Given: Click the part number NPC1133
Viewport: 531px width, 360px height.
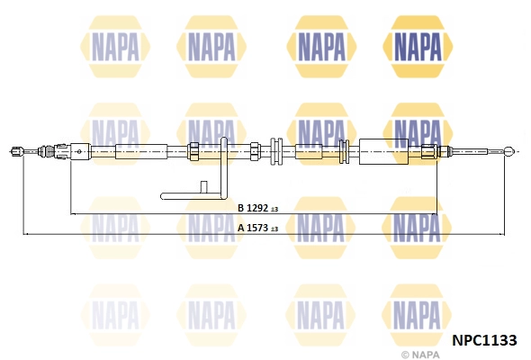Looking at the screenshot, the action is pyautogui.click(x=484, y=340).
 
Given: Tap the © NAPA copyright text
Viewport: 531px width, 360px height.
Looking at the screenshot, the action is pyautogui.click(x=420, y=355).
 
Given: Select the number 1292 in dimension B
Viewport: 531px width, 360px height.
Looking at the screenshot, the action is pyautogui.click(x=257, y=208).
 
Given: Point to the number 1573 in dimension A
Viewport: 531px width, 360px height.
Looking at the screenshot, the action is pyautogui.click(x=257, y=228).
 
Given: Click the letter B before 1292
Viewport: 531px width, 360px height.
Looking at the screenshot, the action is pyautogui.click(x=241, y=208).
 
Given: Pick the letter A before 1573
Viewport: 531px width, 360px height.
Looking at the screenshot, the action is pyautogui.click(x=241, y=228).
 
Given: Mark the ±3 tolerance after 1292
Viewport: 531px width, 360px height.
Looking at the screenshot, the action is pyautogui.click(x=274, y=210).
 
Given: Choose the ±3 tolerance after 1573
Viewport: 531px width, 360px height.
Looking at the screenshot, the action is pyautogui.click(x=274, y=229).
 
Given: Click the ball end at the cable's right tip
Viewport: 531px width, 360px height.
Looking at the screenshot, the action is pyautogui.click(x=509, y=151).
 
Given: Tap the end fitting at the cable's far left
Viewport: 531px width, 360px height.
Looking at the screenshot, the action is pyautogui.click(x=17, y=151).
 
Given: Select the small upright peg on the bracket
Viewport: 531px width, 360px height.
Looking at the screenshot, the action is pyautogui.click(x=204, y=187).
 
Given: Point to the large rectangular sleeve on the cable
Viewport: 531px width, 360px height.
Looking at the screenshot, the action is pyautogui.click(x=383, y=152).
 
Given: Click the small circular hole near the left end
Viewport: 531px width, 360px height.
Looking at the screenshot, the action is pyautogui.click(x=79, y=151).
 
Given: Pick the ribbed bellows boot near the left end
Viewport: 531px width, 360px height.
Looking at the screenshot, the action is pyautogui.click(x=46, y=151).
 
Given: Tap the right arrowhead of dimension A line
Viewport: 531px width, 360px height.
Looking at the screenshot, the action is pyautogui.click(x=501, y=234).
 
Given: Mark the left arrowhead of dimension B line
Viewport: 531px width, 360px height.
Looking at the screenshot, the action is pyautogui.click(x=73, y=214).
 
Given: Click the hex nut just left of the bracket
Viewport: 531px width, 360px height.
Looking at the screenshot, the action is pyautogui.click(x=193, y=151).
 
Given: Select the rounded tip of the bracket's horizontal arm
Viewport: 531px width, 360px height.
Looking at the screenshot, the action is pyautogui.click(x=163, y=196).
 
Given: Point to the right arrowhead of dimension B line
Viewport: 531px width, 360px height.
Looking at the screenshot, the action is pyautogui.click(x=435, y=214).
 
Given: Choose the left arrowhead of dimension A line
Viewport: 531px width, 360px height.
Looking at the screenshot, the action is pyautogui.click(x=26, y=234).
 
